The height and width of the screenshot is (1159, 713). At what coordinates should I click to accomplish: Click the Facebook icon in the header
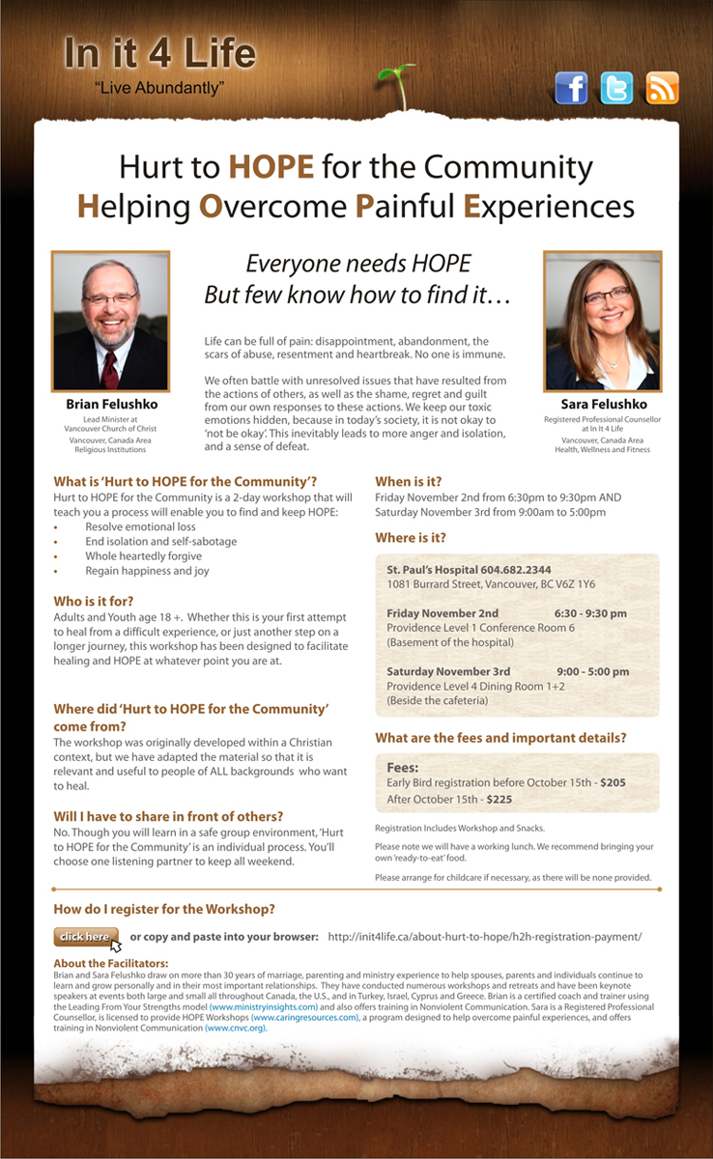[571, 88]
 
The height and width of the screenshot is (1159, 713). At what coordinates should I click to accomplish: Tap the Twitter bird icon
[616, 88]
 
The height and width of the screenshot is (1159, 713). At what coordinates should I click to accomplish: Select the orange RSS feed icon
[662, 88]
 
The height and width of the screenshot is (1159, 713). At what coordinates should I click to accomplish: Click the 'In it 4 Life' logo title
[160, 54]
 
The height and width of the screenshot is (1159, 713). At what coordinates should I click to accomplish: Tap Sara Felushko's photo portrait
[603, 321]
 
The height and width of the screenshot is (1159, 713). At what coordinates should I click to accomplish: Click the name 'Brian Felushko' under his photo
[111, 404]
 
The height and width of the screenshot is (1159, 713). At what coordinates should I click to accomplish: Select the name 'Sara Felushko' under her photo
[603, 404]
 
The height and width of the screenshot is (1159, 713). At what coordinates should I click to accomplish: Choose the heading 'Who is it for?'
[94, 597]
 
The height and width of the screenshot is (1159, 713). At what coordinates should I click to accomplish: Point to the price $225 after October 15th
[499, 800]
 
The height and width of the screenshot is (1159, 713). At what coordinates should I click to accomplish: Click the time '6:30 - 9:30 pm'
[590, 613]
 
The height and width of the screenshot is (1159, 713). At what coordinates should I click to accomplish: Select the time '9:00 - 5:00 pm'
[592, 671]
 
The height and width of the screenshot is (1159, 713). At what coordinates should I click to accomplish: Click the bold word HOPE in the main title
[271, 167]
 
